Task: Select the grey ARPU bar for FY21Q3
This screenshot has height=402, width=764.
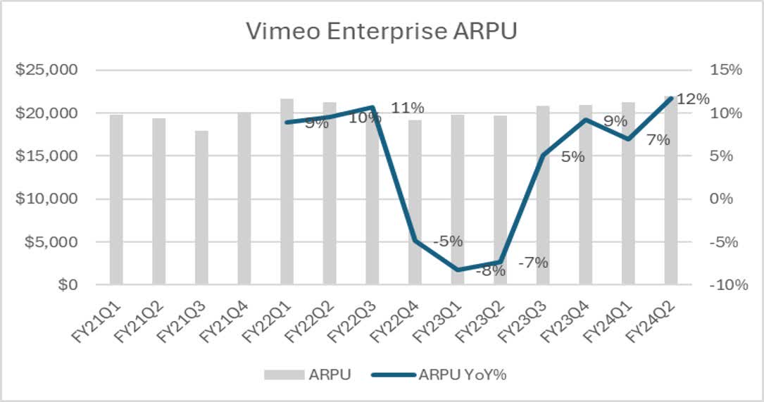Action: coord(202,208)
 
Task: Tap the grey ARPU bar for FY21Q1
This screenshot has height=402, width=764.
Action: coord(116,199)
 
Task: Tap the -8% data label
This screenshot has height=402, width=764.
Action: coord(490,271)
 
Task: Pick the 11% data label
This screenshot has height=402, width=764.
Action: coord(408,108)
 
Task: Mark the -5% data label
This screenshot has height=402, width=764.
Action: coord(448,241)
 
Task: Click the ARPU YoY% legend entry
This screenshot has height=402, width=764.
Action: coord(463,375)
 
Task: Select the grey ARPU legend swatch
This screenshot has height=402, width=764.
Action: coord(284,375)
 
